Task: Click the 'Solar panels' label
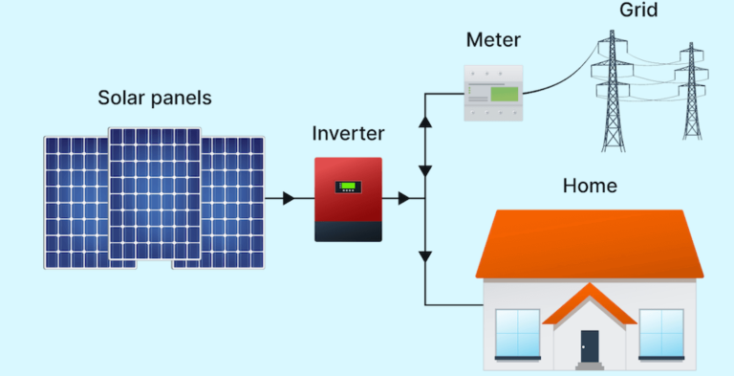[x=155, y=99]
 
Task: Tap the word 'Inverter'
[x=349, y=133]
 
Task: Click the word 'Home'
[x=591, y=186]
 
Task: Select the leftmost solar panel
[x=75, y=202]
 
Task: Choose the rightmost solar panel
[x=235, y=202]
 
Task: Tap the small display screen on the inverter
[x=348, y=187]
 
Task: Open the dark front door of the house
[x=590, y=345]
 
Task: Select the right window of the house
[x=661, y=332]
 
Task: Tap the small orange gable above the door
[x=590, y=304]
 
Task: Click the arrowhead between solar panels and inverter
[x=288, y=198]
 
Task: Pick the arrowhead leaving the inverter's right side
[x=404, y=198]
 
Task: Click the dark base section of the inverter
[x=348, y=231]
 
